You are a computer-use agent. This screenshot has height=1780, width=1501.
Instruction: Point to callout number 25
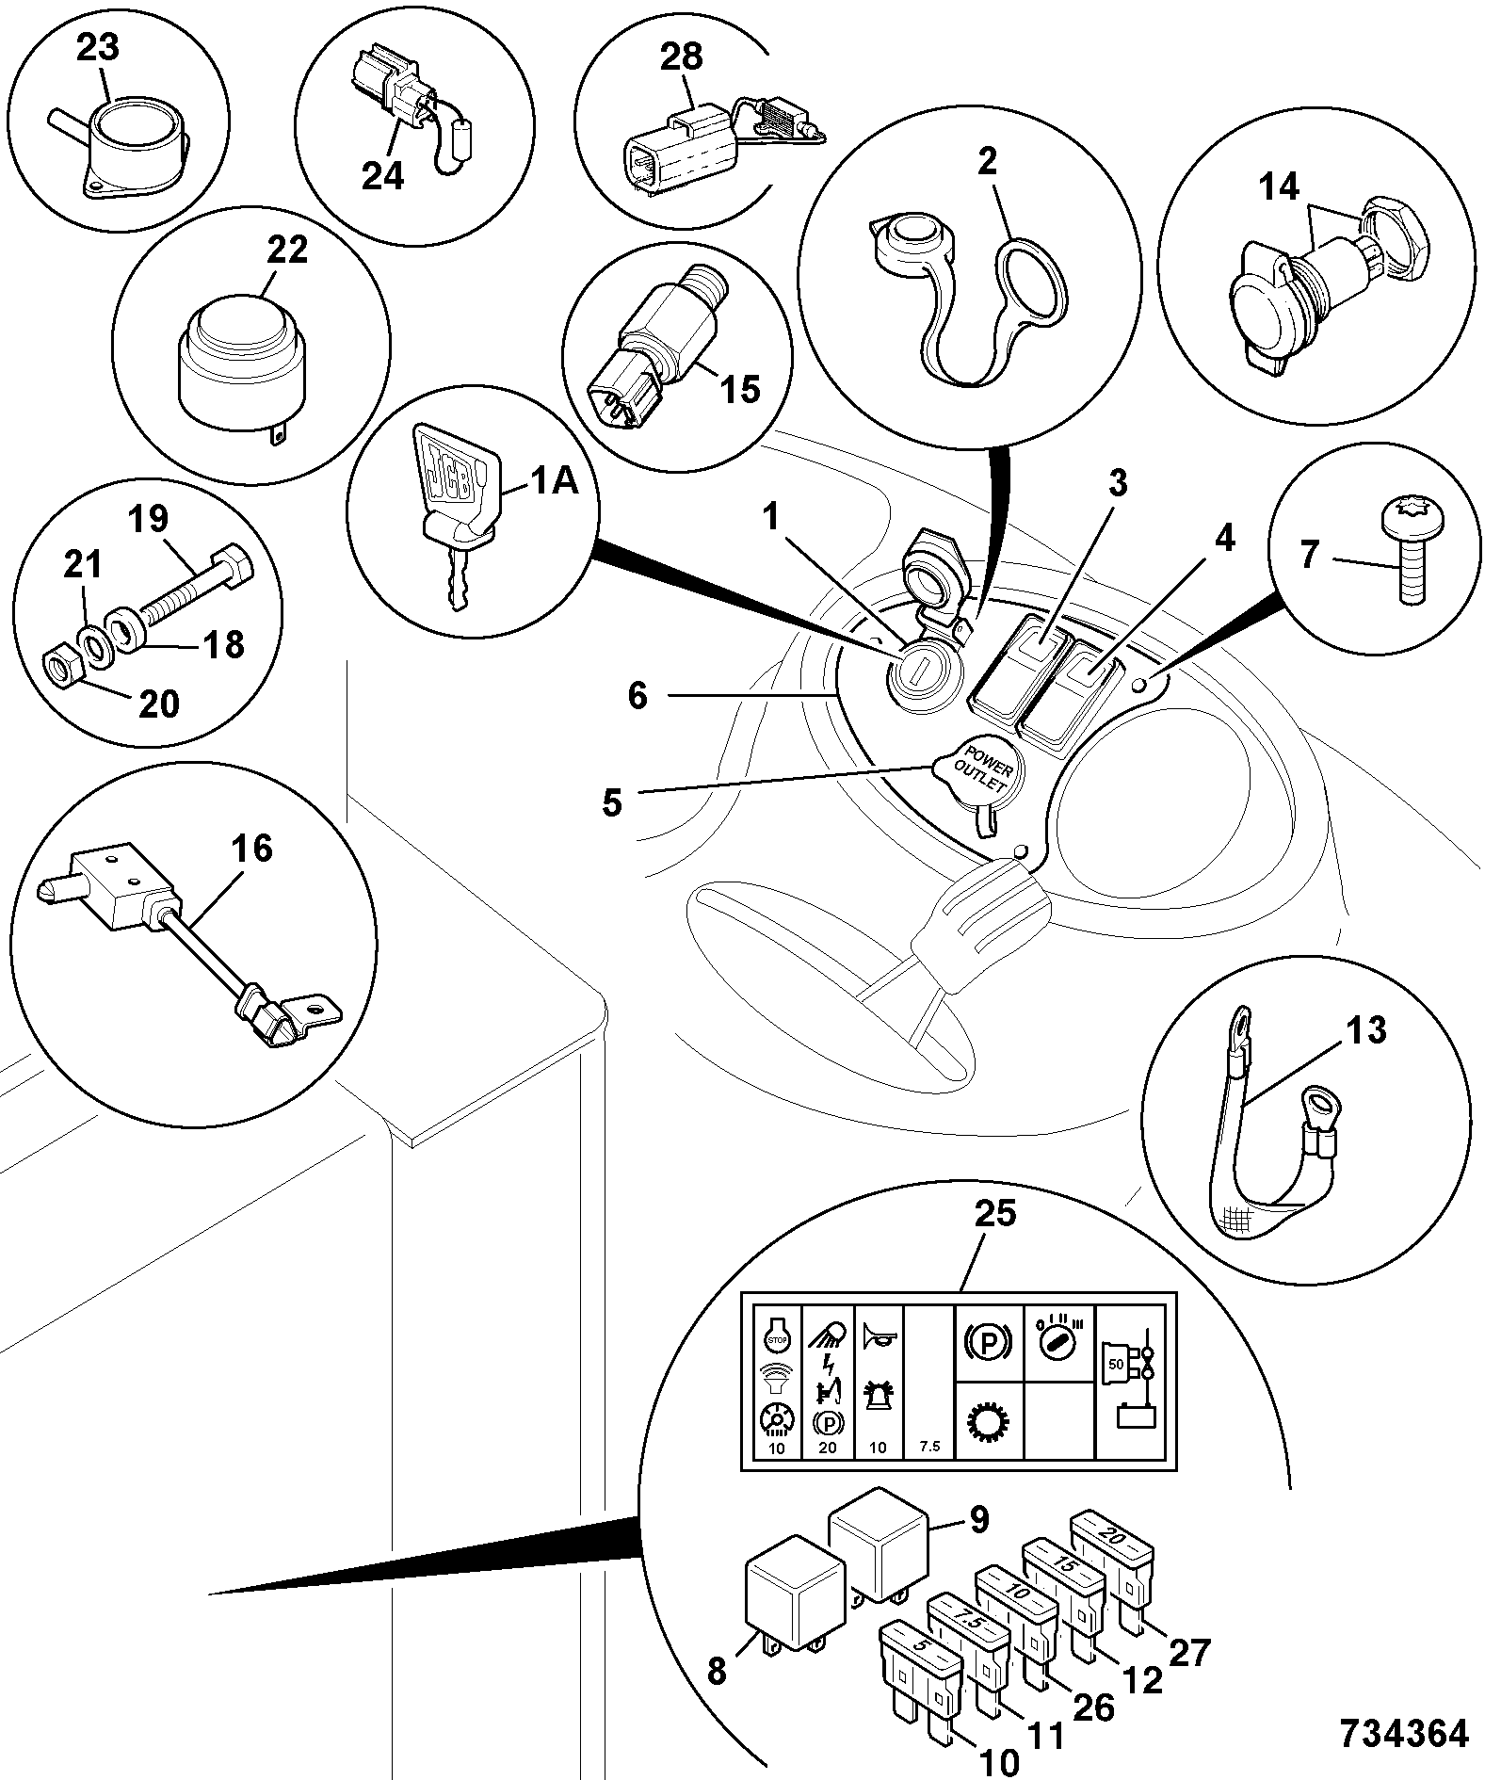[996, 1213]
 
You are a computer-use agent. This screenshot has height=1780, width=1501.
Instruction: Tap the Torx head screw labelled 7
[1406, 552]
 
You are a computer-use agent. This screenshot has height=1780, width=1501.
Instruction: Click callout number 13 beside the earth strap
[1365, 1029]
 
